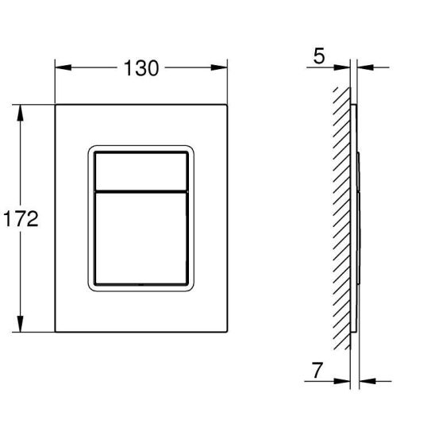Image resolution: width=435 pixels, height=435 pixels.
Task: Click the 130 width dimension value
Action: pyautogui.click(x=141, y=68)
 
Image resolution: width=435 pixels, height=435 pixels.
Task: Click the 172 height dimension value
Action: pyautogui.click(x=21, y=219)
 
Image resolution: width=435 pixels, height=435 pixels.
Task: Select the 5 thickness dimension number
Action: pyautogui.click(x=319, y=56)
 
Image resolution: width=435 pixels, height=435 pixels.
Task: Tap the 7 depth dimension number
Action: pyautogui.click(x=318, y=371)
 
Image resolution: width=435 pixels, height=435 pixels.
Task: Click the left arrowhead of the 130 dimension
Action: pyautogui.click(x=64, y=67)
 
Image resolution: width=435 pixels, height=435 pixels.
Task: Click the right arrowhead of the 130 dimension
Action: pyautogui.click(x=219, y=67)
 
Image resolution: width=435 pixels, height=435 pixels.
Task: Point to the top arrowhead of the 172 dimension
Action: pyautogui.click(x=20, y=113)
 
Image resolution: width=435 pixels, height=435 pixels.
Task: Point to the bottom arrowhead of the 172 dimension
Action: pyautogui.click(x=20, y=324)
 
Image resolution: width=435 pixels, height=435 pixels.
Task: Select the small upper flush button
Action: pyautogui.click(x=141, y=171)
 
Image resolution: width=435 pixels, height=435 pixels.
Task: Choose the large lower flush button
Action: pyautogui.click(x=141, y=238)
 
